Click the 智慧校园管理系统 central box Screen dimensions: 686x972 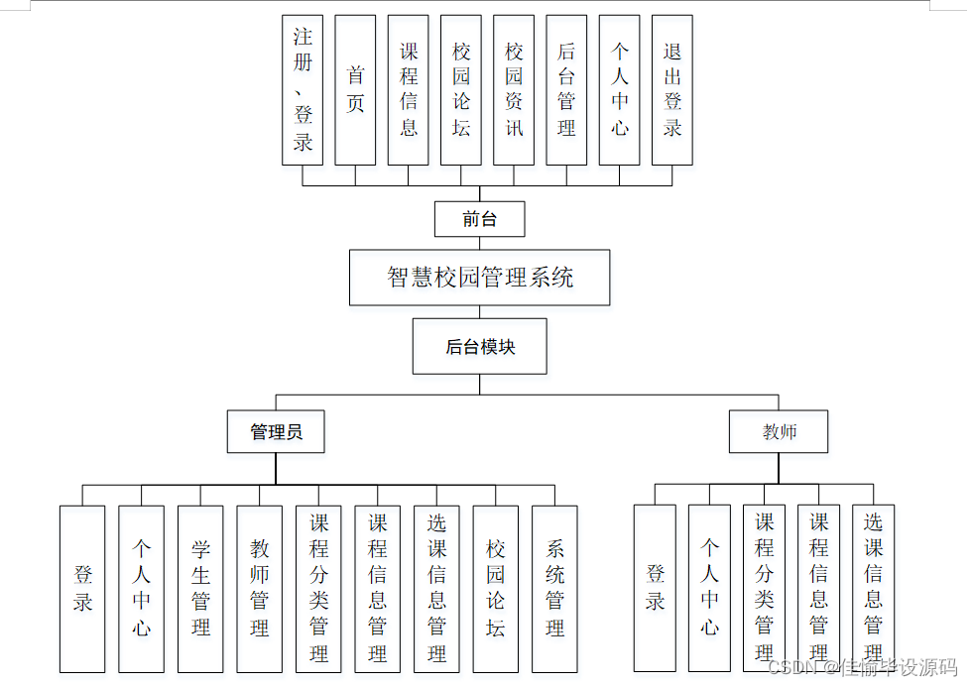click(x=479, y=278)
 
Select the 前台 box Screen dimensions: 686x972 click(x=479, y=219)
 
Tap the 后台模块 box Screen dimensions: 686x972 click(x=479, y=346)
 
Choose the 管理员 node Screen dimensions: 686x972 click(x=275, y=431)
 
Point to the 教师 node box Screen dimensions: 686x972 click(x=779, y=431)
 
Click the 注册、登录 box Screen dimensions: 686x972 click(x=303, y=89)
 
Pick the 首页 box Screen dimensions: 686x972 click(x=355, y=89)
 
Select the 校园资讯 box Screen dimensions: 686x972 click(x=514, y=89)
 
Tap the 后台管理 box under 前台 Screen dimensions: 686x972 click(x=566, y=89)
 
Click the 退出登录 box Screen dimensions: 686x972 click(x=672, y=89)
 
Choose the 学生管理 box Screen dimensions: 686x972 click(x=200, y=589)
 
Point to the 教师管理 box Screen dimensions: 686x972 click(x=260, y=589)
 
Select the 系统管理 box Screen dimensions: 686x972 click(x=554, y=589)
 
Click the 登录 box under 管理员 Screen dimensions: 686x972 click(x=82, y=589)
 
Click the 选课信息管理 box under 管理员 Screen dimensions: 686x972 click(x=436, y=589)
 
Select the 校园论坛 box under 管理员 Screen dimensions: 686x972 click(x=496, y=589)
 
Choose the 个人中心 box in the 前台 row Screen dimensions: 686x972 click(x=620, y=89)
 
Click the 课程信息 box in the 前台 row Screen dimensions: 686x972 click(x=409, y=89)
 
